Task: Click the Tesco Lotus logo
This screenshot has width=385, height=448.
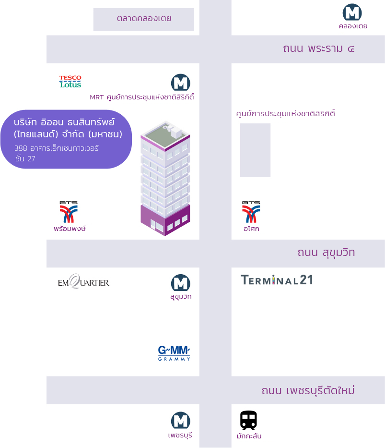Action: point(70,82)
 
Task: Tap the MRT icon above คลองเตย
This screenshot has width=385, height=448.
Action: point(352,12)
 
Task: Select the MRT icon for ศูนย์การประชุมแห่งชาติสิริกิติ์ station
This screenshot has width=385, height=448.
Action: point(181,83)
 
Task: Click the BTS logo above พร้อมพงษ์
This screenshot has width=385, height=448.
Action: point(69,212)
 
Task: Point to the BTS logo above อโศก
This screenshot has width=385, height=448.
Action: point(251,212)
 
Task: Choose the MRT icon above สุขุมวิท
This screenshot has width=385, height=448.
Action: point(181,283)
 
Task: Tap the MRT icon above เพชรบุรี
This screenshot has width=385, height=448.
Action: point(181,421)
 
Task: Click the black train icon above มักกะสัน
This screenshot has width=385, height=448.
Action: point(248,420)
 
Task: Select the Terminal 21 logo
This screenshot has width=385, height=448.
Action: point(277,280)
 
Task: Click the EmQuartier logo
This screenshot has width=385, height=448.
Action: point(83,281)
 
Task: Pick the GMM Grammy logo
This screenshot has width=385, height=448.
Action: point(174,353)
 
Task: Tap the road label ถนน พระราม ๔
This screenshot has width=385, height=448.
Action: point(318,48)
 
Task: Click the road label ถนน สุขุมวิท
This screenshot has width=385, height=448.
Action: point(326,253)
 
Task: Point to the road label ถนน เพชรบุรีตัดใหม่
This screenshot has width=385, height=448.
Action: point(308,390)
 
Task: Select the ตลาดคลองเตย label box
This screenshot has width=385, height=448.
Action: point(144,19)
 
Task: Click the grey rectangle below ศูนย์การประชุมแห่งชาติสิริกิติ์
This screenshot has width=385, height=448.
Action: point(255,150)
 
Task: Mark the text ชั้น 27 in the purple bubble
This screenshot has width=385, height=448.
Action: point(25,158)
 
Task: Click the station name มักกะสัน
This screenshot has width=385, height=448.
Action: point(249,436)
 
